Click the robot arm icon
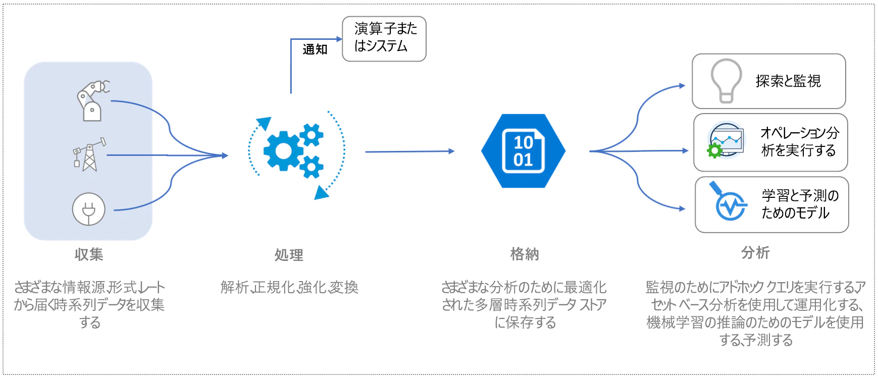click(92, 101)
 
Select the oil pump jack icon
click(89, 154)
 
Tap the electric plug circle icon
click(89, 209)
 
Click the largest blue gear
click(283, 150)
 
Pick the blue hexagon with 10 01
click(523, 151)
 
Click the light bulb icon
click(726, 81)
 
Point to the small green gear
click(715, 150)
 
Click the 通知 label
click(315, 49)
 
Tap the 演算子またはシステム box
click(384, 39)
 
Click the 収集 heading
click(89, 254)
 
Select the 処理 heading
click(289, 255)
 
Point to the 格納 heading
click(525, 254)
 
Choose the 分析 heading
click(755, 252)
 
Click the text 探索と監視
click(788, 81)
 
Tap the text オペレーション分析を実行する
click(799, 142)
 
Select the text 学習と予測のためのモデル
click(800, 204)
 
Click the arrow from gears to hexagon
click(410, 151)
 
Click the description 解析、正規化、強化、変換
click(289, 287)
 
